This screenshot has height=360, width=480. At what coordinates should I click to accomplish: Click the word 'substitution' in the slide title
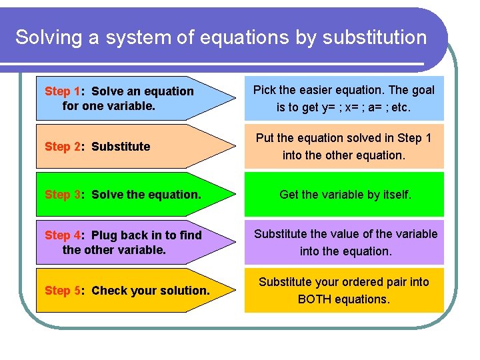pyautogui.click(x=374, y=37)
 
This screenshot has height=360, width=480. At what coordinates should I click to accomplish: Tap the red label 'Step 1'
pyautogui.click(x=63, y=91)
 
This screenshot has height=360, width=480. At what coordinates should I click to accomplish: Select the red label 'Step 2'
pyautogui.click(x=63, y=147)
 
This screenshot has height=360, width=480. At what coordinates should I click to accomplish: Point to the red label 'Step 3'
pyautogui.click(x=63, y=195)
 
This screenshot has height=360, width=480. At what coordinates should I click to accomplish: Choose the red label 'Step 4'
pyautogui.click(x=63, y=235)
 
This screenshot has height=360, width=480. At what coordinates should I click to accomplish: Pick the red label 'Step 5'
pyautogui.click(x=63, y=291)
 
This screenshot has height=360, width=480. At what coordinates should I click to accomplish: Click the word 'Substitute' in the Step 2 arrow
pyautogui.click(x=121, y=147)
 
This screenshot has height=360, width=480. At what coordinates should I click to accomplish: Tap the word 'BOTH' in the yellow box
pyautogui.click(x=314, y=299)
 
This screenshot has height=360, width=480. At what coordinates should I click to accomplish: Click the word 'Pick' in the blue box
pyautogui.click(x=265, y=90)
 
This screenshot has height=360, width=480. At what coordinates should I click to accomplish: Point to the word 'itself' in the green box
pyautogui.click(x=395, y=195)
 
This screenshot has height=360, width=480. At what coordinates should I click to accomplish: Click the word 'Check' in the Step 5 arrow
pyautogui.click(x=108, y=291)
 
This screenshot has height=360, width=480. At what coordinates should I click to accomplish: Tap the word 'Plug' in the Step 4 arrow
pyautogui.click(x=103, y=235)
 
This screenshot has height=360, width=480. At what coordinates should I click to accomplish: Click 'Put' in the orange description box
pyautogui.click(x=265, y=138)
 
